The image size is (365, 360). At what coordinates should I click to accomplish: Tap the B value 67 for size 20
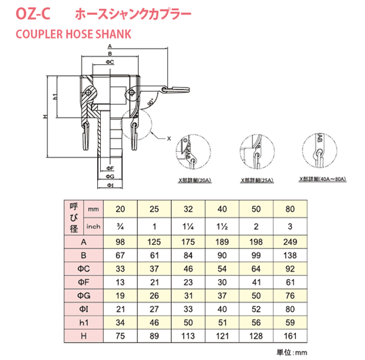(120, 255)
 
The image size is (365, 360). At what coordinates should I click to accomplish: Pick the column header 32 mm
(189, 209)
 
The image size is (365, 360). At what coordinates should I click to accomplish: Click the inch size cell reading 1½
(222, 226)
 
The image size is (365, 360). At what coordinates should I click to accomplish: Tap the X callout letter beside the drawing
(169, 137)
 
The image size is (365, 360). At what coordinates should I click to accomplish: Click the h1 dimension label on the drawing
(54, 96)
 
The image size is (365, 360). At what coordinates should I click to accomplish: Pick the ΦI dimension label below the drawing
(109, 185)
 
